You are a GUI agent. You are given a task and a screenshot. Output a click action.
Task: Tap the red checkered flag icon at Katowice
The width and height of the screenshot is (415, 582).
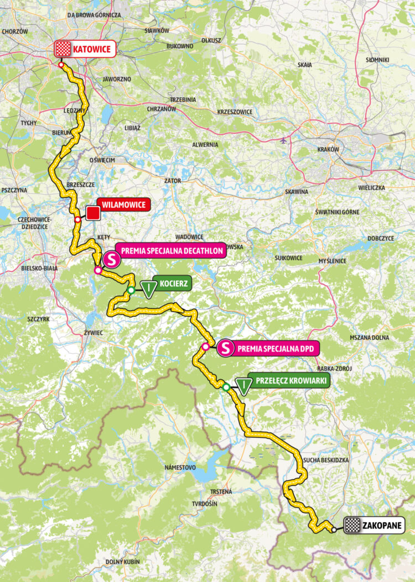[x=63, y=49]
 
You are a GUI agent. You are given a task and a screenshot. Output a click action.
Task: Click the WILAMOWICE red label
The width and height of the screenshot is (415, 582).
[x=123, y=205]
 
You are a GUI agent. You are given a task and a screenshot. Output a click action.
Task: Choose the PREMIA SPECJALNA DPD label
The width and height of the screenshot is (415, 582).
[x=270, y=349]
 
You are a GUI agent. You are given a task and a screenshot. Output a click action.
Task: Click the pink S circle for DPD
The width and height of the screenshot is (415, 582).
[x=225, y=349]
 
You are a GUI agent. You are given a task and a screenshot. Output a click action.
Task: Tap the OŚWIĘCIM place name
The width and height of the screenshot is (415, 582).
[x=102, y=160]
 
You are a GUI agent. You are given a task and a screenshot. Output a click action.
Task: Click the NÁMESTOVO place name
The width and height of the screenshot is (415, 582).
[x=180, y=467]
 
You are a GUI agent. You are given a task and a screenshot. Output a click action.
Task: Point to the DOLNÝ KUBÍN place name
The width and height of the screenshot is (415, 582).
[x=122, y=562]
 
